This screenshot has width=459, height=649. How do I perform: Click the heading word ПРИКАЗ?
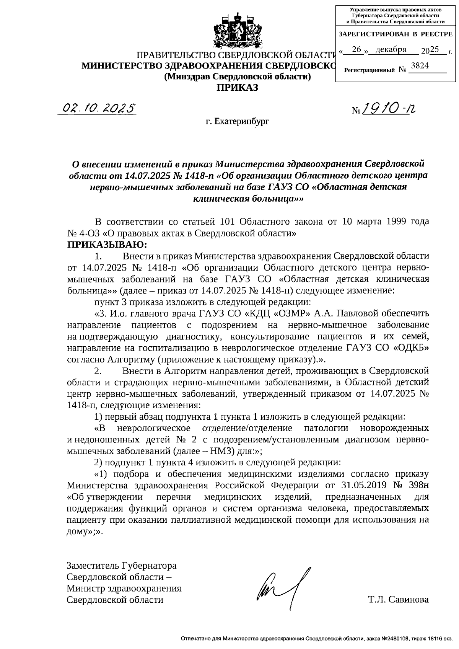pyautogui.click(x=238, y=88)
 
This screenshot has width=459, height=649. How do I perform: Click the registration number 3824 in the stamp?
pyautogui.click(x=419, y=66)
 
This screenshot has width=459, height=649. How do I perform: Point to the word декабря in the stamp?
pyautogui.click(x=391, y=49)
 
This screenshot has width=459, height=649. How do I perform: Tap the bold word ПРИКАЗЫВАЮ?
pyautogui.click(x=107, y=244)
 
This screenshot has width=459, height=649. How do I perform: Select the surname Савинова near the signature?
pyautogui.click(x=409, y=600)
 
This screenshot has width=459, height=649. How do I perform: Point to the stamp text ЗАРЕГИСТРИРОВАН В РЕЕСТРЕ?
pyautogui.click(x=396, y=34)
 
